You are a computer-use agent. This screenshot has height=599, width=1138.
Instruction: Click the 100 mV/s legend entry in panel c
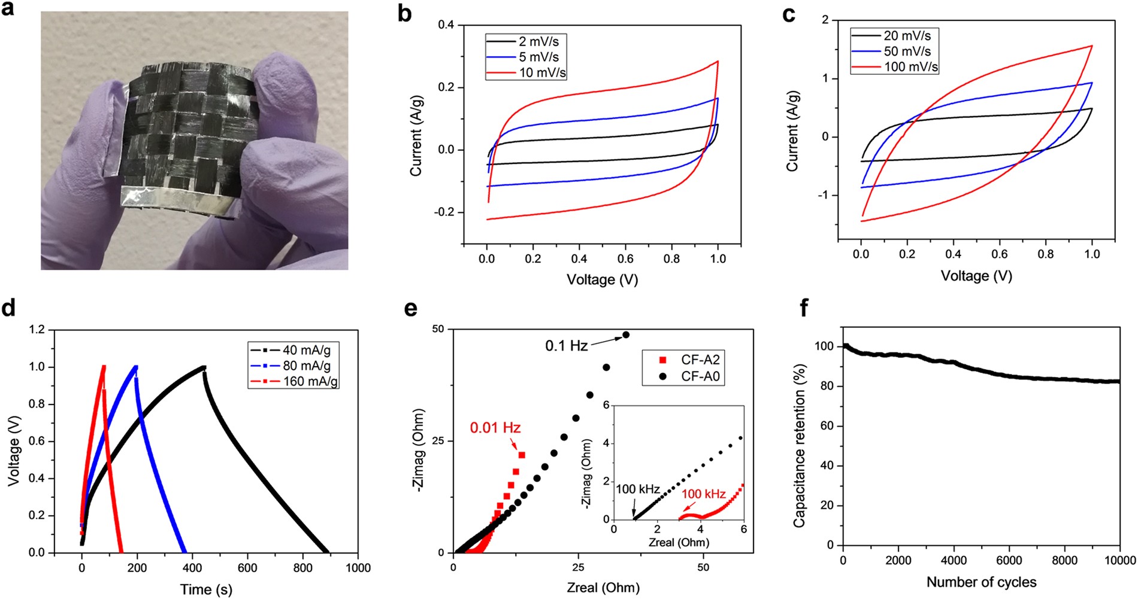tap(910, 67)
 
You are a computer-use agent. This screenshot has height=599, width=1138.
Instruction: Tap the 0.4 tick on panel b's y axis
tap(446, 26)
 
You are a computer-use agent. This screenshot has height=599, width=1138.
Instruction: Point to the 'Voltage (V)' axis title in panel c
tap(976, 275)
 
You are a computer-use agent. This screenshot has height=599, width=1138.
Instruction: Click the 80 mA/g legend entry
tap(307, 365)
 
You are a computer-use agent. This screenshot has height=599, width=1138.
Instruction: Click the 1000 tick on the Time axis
tap(358, 567)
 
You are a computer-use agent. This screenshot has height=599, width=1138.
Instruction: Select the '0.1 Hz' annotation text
tap(566, 346)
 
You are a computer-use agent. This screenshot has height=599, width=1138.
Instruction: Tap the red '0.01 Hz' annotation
tap(495, 428)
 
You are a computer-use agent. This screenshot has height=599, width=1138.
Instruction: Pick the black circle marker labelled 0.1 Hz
tap(626, 335)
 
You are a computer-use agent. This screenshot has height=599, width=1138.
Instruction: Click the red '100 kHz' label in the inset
tap(703, 494)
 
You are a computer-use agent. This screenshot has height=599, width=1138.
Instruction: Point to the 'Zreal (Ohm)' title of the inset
tap(679, 543)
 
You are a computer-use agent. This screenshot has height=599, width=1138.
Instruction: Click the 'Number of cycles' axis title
tap(981, 582)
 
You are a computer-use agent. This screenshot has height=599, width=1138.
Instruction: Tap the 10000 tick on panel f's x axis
tap(1119, 561)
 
